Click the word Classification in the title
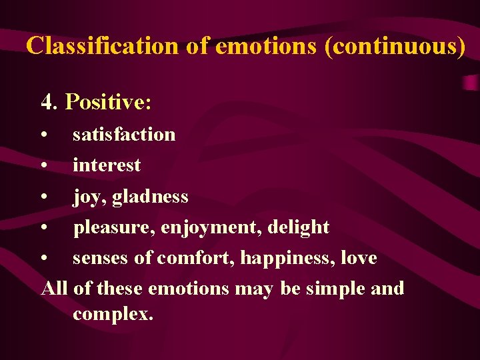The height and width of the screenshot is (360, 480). [102, 45]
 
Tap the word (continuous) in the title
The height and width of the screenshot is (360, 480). [395, 45]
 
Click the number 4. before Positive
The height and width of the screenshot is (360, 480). [50, 102]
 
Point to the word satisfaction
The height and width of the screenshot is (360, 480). [124, 134]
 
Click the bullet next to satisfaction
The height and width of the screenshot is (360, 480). [43, 135]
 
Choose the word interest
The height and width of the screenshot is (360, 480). [107, 165]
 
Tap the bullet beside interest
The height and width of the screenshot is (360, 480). [43, 165]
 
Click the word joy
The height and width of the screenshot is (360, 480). [86, 197]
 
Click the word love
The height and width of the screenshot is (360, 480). [358, 258]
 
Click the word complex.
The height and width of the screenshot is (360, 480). [113, 313]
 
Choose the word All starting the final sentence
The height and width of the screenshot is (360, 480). [55, 289]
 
